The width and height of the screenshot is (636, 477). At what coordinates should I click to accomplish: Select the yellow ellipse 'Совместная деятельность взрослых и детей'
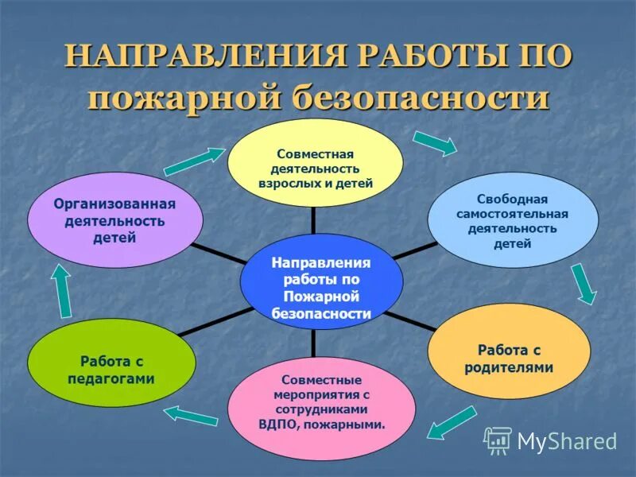pos(315,163)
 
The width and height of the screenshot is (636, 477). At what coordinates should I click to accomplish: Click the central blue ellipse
pos(321,286)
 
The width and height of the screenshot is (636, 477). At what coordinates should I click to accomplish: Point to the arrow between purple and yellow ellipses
pos(195,161)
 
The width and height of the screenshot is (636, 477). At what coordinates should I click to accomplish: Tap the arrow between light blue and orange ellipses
pos(584,284)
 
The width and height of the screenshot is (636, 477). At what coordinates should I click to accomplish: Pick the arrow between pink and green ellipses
pos(191,415)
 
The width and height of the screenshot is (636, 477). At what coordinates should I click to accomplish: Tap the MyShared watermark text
pos(567,440)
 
